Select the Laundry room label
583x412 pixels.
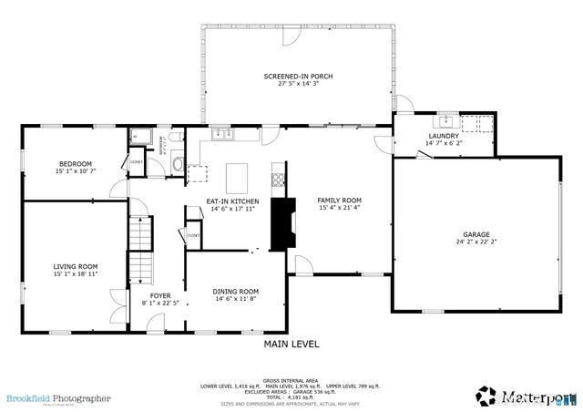444,136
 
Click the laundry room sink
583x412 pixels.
446,120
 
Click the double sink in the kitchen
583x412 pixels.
223,135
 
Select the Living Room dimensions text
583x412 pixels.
75,274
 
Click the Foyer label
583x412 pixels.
161,295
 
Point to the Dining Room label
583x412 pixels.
236,291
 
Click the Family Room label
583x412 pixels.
339,200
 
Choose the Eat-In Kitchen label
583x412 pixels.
232,201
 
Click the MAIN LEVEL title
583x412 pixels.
291,345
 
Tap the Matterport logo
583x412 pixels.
526,397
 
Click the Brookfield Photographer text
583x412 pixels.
58,397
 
